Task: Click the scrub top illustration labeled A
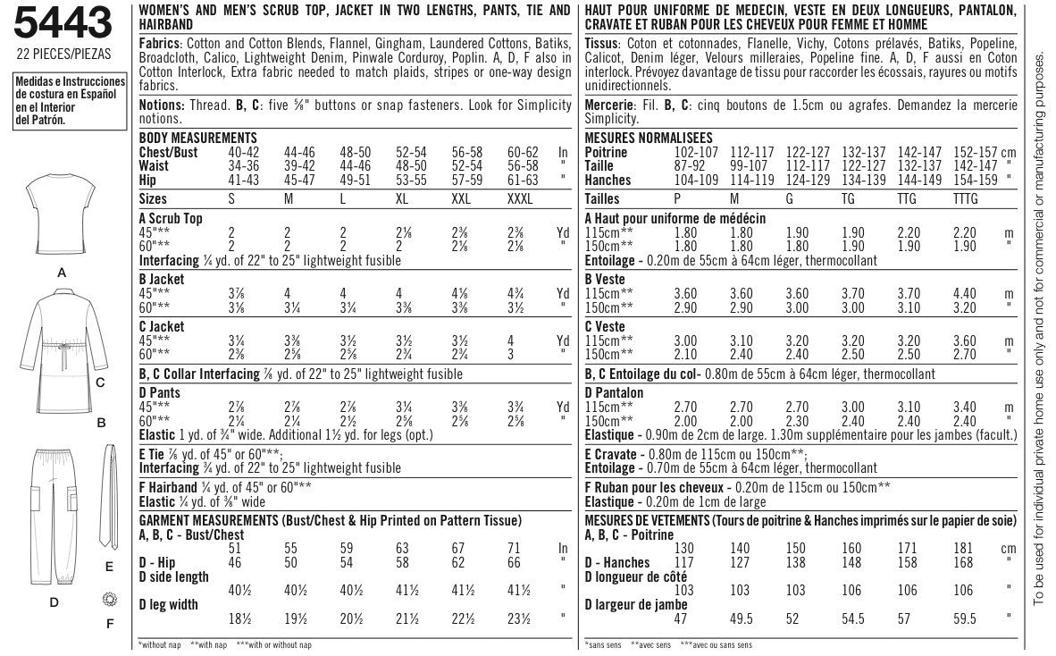tap(63, 214)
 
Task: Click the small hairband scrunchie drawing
tap(109, 598)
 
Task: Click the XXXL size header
tap(517, 199)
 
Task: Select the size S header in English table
tap(231, 199)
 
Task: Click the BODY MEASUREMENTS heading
tap(198, 138)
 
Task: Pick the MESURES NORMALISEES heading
tap(648, 138)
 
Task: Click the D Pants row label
tap(160, 392)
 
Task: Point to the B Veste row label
tap(605, 279)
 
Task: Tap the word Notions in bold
tap(162, 105)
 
